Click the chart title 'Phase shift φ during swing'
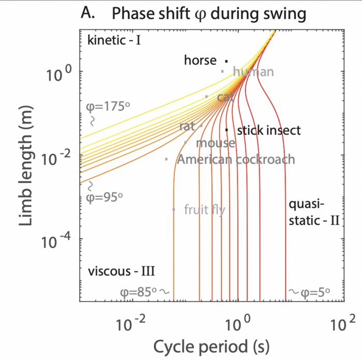[209, 14]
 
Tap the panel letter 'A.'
[89, 14]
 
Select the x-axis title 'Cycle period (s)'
[211, 345]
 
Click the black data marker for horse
[227, 61]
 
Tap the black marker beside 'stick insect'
[227, 130]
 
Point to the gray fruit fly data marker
[174, 209]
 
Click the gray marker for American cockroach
[166, 159]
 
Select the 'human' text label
[253, 72]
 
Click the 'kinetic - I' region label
[114, 39]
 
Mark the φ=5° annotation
[313, 292]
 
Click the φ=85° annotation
[139, 292]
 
